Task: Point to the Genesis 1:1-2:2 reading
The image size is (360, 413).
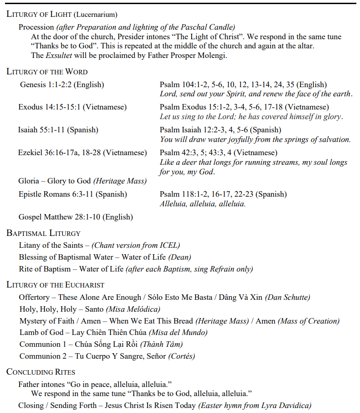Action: [62, 84]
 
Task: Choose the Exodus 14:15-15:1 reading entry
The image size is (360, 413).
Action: [73, 107]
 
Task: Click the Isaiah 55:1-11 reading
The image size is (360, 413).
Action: [58, 130]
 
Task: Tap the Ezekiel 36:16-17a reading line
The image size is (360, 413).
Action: [83, 152]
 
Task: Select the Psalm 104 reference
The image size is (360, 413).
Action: [243, 84]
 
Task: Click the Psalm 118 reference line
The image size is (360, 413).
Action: [223, 194]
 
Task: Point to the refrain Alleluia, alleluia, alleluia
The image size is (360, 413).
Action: [203, 204]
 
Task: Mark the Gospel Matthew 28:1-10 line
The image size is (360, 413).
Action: [76, 217]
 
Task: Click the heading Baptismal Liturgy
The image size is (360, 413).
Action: [43, 233]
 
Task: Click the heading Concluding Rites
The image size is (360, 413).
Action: [41, 372]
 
